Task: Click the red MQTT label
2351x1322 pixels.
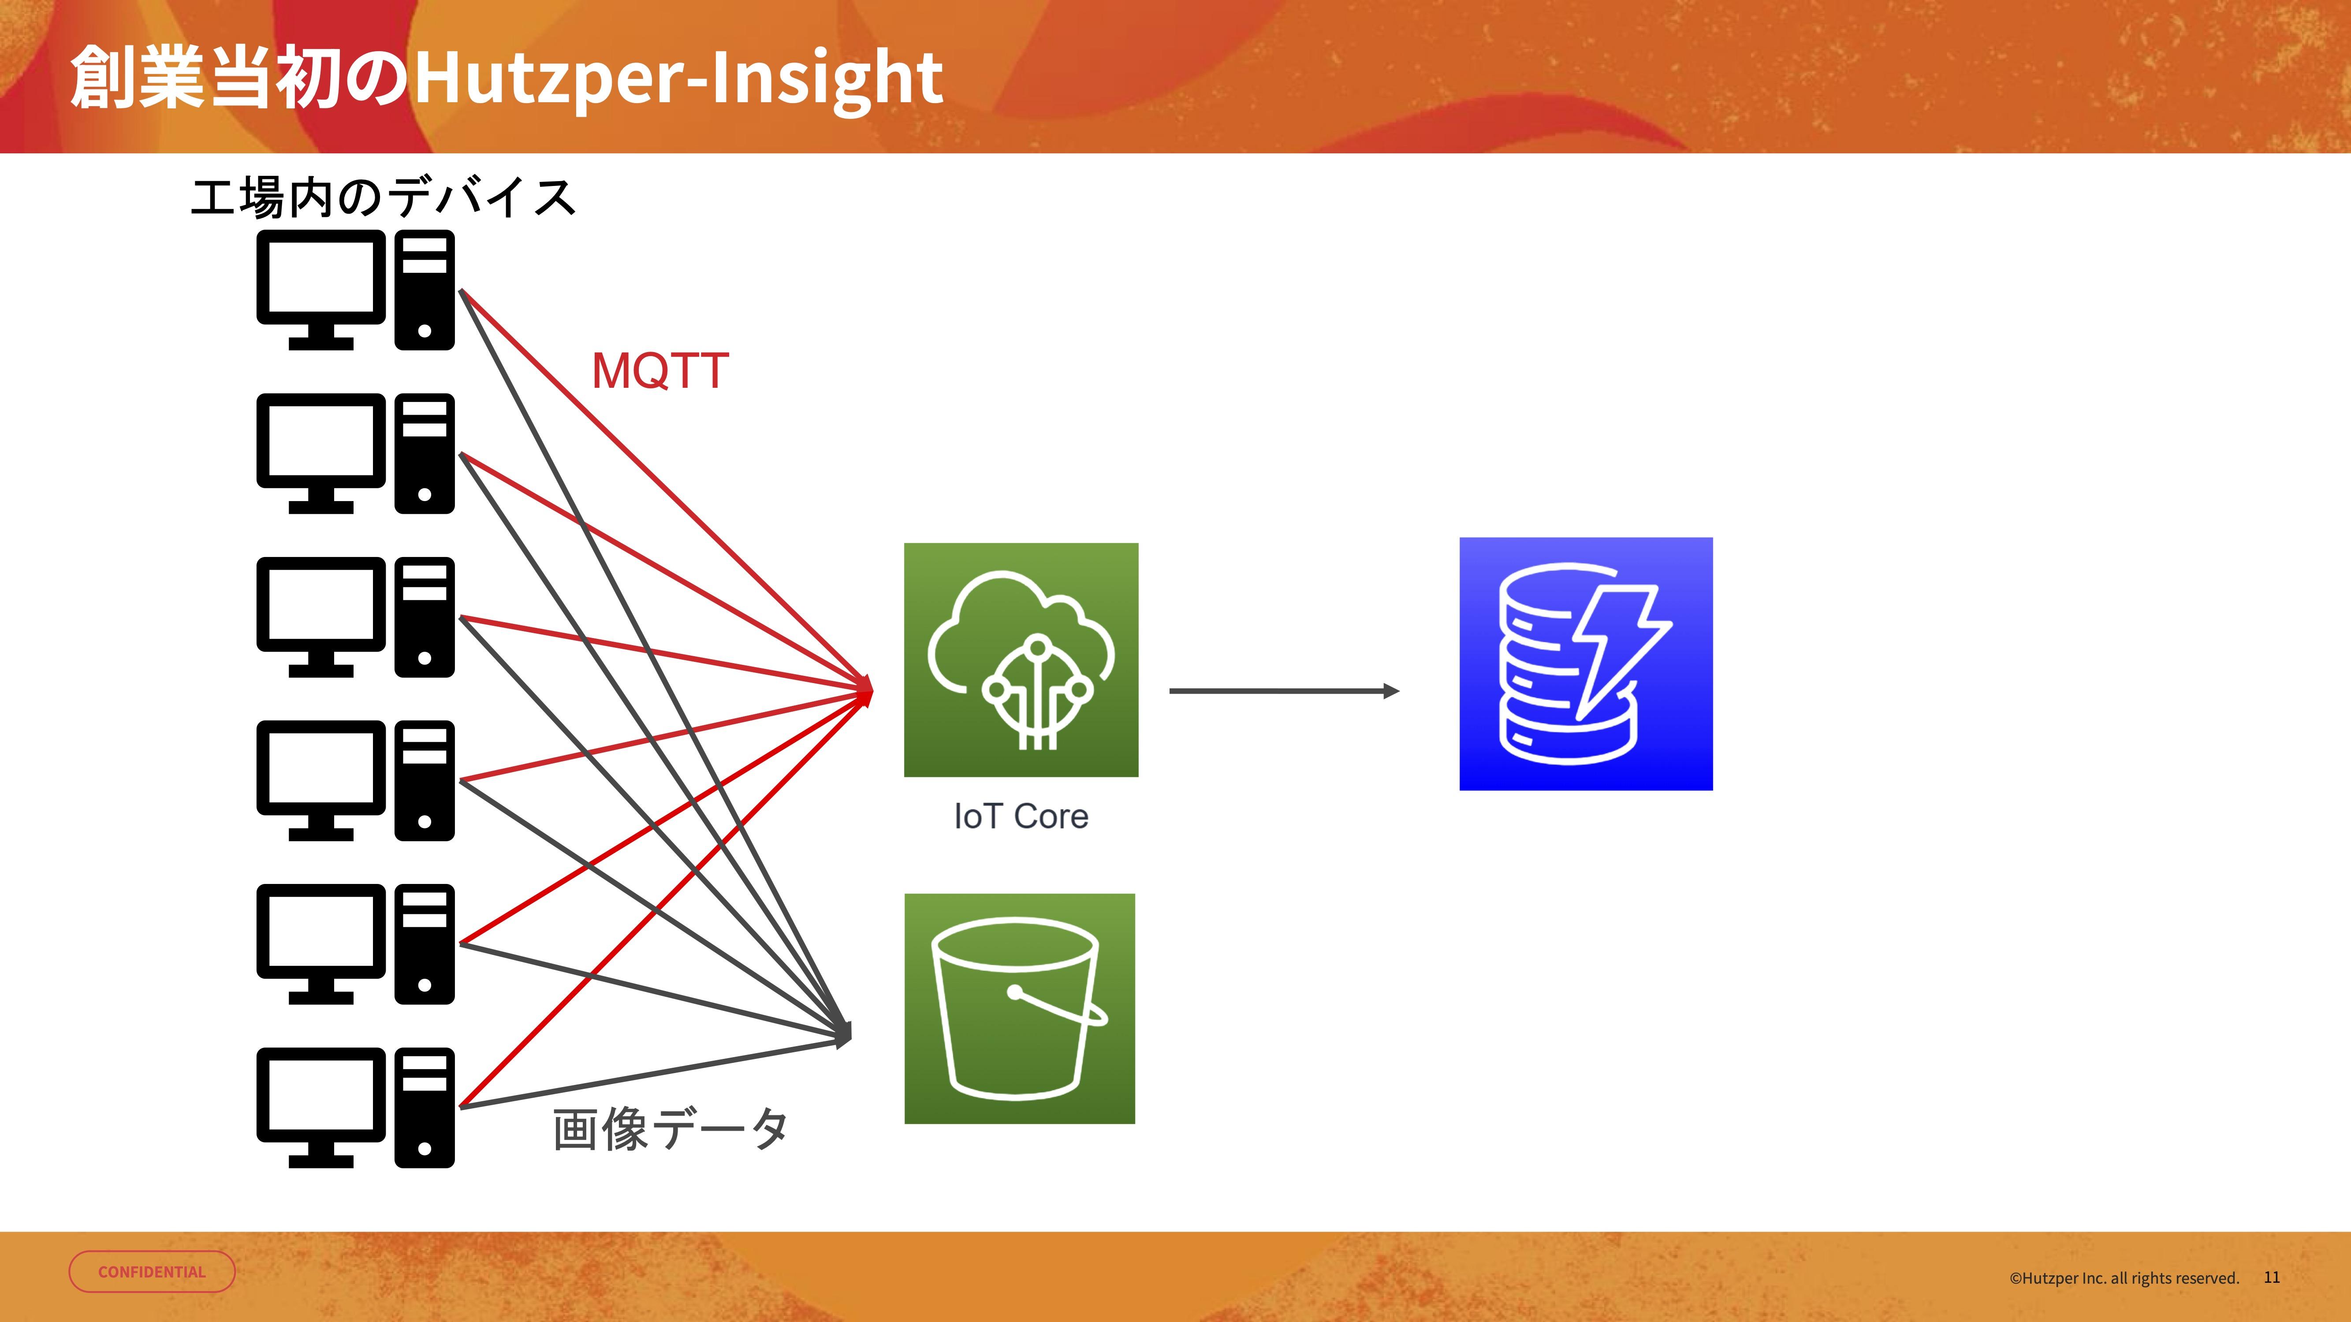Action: click(x=660, y=371)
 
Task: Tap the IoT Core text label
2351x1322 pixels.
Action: click(x=1021, y=816)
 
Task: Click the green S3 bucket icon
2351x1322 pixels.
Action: click(x=1019, y=1008)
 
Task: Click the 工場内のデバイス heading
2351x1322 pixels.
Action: click(x=384, y=197)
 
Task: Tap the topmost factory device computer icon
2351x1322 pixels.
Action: click(x=355, y=289)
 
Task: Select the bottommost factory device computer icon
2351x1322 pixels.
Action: click(x=355, y=1107)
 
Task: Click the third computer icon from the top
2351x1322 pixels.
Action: click(x=355, y=617)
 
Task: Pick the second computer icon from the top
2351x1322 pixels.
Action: click(x=355, y=453)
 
